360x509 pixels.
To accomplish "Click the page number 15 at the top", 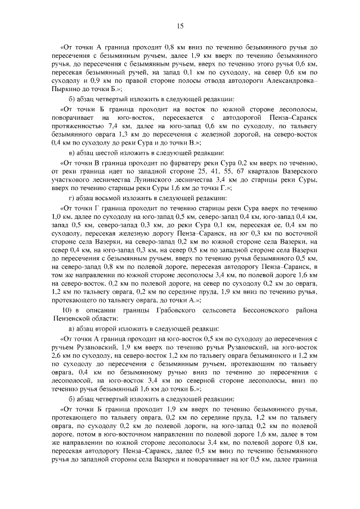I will pos(180,25).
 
